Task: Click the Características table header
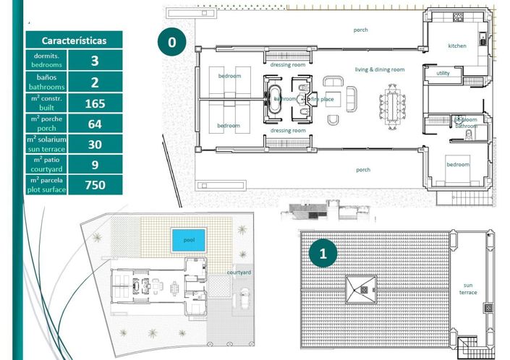point(74,40)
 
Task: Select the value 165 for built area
point(95,103)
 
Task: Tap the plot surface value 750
point(95,185)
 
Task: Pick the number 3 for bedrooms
point(95,61)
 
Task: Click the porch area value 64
point(95,124)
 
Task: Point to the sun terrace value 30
point(95,144)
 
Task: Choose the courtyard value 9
point(95,164)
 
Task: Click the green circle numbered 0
point(171,43)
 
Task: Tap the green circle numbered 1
point(323,254)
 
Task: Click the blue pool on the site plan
point(187,239)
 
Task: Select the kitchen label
point(457,46)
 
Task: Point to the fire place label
point(323,98)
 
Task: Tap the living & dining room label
point(379,69)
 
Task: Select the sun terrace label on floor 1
point(469,289)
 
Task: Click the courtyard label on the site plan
point(239,273)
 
